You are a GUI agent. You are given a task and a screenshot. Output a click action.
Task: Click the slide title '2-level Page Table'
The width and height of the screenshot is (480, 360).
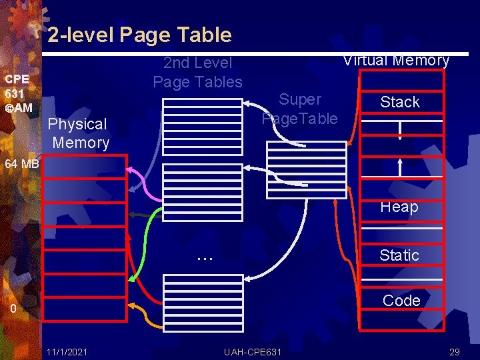click(x=139, y=35)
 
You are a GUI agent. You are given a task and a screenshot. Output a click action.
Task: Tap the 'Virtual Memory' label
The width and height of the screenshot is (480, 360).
click(x=396, y=60)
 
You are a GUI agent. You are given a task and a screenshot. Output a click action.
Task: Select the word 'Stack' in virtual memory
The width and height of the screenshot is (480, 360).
click(x=400, y=102)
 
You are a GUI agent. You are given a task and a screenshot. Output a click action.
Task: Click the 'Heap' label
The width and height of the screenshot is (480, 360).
click(x=399, y=207)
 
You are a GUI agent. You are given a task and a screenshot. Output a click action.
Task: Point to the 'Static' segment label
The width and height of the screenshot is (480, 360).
click(x=399, y=255)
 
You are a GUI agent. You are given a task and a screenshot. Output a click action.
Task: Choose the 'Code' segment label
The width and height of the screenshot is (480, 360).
click(x=401, y=301)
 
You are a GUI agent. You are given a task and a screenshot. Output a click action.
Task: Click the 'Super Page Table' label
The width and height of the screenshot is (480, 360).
click(x=300, y=109)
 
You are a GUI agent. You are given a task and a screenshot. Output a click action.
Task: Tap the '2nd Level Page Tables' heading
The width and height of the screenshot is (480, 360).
click(x=198, y=72)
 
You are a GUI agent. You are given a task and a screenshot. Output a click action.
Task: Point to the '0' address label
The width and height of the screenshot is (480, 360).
click(x=13, y=309)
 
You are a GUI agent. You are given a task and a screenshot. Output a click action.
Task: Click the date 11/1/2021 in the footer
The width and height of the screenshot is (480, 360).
click(x=66, y=351)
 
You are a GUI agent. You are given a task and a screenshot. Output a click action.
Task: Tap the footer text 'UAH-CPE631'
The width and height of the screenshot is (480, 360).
click(x=253, y=351)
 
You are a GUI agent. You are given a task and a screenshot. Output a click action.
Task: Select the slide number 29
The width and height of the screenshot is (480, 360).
click(x=455, y=351)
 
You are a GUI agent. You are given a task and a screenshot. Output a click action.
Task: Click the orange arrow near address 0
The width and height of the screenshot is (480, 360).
click(x=143, y=317)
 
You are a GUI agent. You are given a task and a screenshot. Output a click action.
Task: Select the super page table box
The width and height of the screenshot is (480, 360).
click(x=306, y=170)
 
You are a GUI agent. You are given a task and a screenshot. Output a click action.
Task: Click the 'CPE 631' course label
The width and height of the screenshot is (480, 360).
click(x=17, y=93)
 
